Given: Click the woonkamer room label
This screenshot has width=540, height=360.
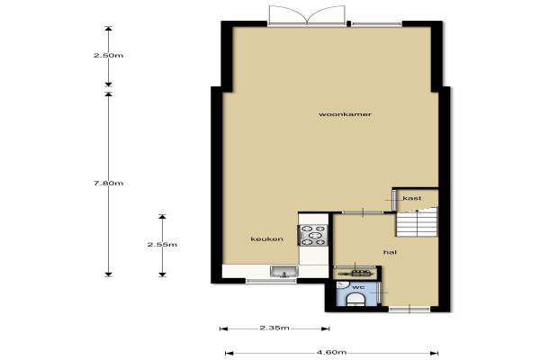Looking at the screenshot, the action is pyautogui.click(x=345, y=114).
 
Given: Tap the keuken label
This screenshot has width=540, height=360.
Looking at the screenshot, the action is pyautogui.click(x=267, y=239).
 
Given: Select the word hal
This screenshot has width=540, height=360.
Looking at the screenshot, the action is pyautogui.click(x=390, y=252).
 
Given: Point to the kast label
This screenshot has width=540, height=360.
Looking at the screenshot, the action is pyautogui.click(x=412, y=198).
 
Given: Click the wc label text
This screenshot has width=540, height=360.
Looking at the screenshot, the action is pyautogui.click(x=358, y=287).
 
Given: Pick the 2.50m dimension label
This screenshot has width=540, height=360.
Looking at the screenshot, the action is pyautogui.click(x=109, y=56).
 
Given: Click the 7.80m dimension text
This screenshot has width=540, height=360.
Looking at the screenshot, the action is pyautogui.click(x=109, y=184).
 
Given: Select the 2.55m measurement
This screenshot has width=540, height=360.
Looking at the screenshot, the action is pyautogui.click(x=162, y=245).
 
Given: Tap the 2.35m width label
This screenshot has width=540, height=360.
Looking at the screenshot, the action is pyautogui.click(x=274, y=328).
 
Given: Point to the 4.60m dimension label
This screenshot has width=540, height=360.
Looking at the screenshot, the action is pyautogui.click(x=331, y=353).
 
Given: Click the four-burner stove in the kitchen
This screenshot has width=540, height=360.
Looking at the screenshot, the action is pyautogui.click(x=313, y=235).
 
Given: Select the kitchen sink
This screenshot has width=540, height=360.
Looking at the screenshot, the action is pyautogui.click(x=284, y=272).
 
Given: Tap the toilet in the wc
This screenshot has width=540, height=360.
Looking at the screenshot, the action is pyautogui.click(x=355, y=300).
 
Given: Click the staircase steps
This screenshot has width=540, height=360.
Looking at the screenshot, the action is pyautogui.click(x=417, y=223).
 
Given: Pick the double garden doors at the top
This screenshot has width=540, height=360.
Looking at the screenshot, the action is pyautogui.click(x=307, y=15).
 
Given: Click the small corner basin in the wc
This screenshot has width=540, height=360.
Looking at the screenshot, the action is pyautogui.click(x=342, y=285).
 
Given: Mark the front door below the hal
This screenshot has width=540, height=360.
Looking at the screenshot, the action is pyautogui.click(x=409, y=309).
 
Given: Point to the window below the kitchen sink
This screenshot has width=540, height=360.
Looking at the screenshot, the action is pyautogui.click(x=272, y=281).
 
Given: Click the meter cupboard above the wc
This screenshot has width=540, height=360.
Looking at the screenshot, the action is pyautogui.click(x=356, y=273).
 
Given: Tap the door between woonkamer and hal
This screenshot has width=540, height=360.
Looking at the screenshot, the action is pyautogui.click(x=363, y=212).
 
